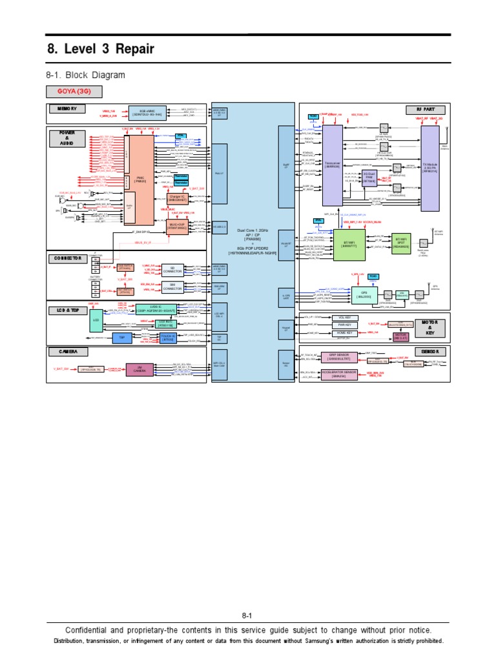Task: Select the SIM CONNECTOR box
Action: [x=172, y=287]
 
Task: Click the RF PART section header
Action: [x=422, y=109]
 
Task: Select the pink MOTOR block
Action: [x=400, y=336]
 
